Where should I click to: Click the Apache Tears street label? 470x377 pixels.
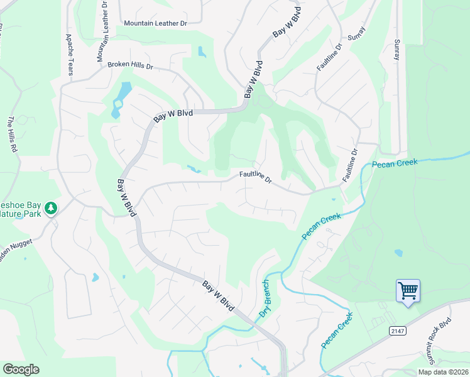point(69,55)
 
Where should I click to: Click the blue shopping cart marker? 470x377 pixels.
point(408,292)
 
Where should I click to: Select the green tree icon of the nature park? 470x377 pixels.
point(52,208)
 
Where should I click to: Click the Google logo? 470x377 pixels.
point(21,369)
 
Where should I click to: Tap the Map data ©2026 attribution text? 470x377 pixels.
point(442,372)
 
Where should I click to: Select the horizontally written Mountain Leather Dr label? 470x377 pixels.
point(156,23)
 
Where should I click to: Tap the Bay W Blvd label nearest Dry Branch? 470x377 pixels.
point(219,295)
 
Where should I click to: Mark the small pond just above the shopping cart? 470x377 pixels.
point(398,253)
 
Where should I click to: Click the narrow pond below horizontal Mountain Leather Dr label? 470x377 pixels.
point(201,51)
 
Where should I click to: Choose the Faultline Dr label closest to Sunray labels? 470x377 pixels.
point(329,57)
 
